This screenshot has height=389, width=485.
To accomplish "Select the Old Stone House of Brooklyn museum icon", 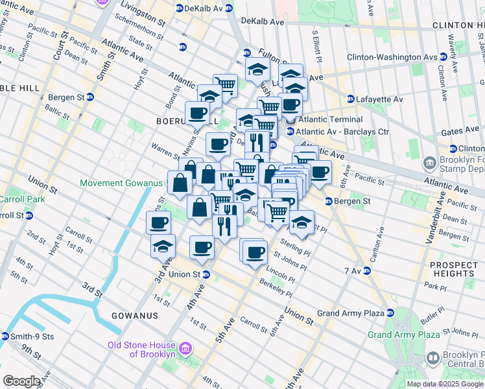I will point(186,349).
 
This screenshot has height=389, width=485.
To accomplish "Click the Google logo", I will point(21,381).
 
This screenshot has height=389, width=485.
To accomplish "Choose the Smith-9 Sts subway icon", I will point(5,336).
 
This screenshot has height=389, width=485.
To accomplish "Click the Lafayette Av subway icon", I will point(351,99).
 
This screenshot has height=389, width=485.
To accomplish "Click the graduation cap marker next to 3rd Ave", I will point(163,246).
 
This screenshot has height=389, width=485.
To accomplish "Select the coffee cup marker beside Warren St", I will point(218,143).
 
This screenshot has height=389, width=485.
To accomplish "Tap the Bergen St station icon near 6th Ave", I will point(329,201).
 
